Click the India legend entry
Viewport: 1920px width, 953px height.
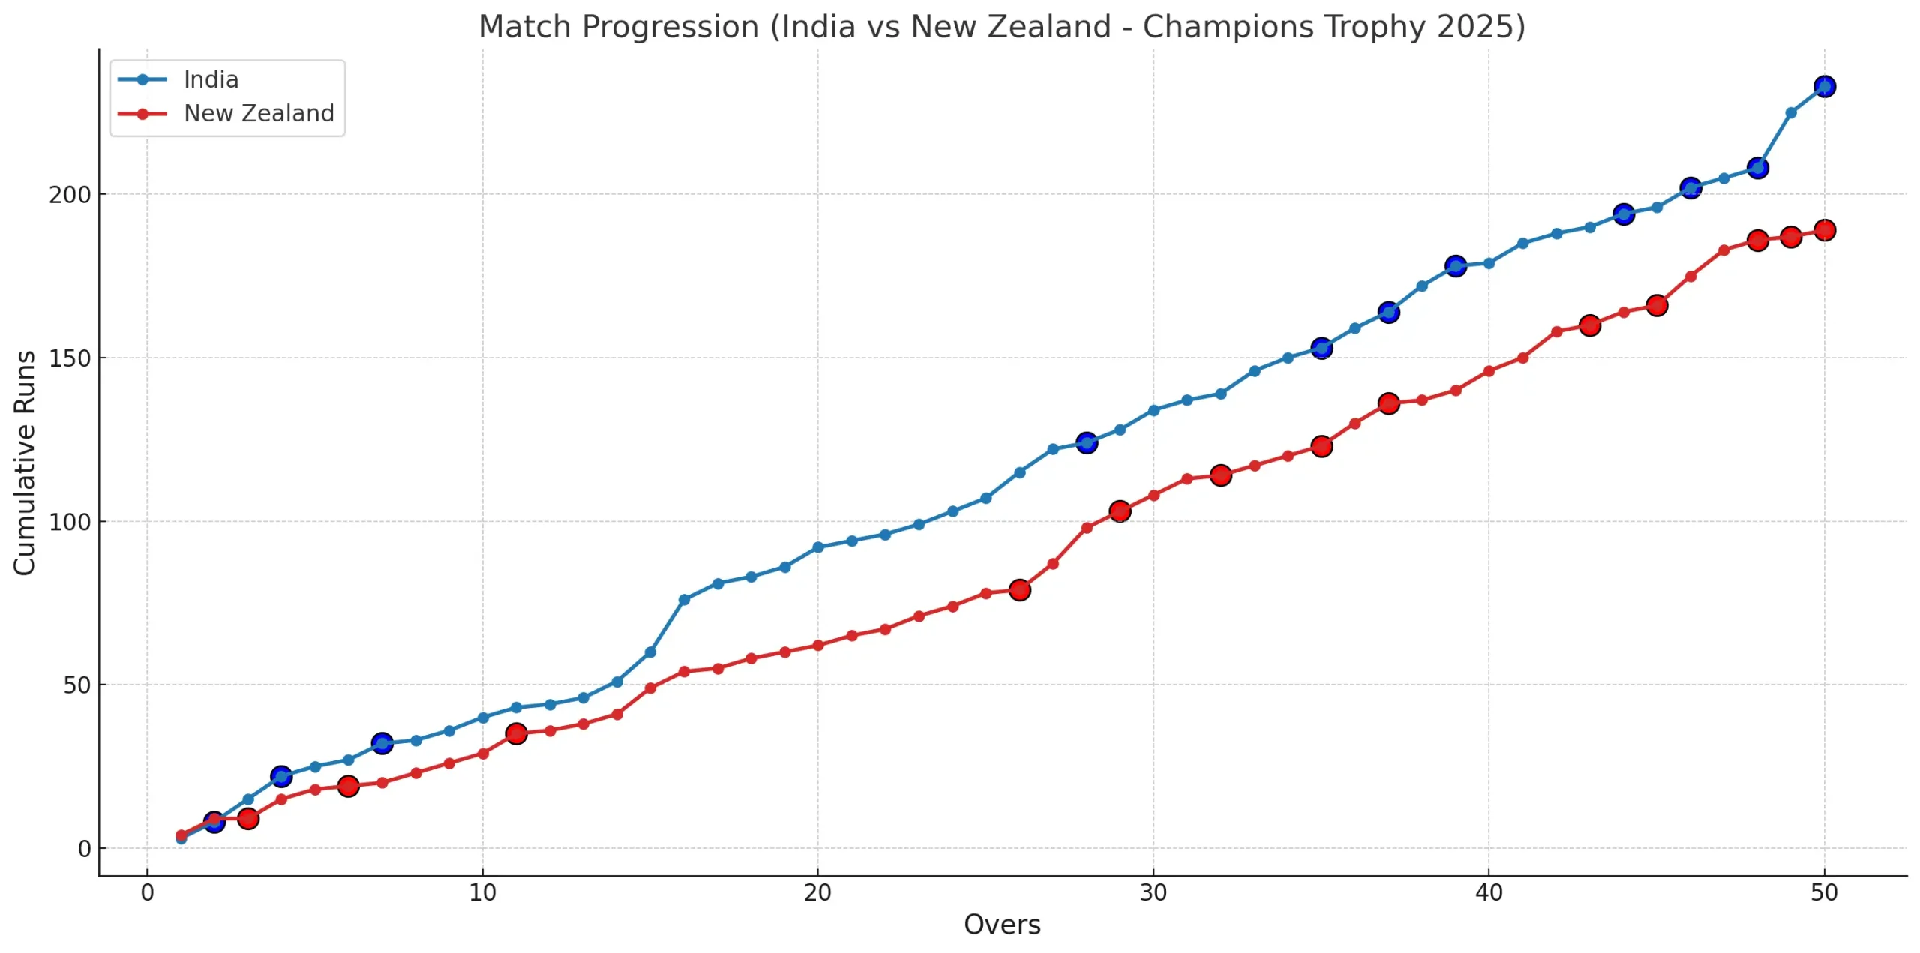point(210,79)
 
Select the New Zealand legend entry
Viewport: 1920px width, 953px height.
point(258,113)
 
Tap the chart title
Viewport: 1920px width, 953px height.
point(1001,27)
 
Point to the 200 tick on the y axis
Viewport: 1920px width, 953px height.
point(70,195)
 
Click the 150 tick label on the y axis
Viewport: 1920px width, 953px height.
point(70,358)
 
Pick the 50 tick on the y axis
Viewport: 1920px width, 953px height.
point(76,685)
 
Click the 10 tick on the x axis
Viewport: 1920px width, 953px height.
point(482,892)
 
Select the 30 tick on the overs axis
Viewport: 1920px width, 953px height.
point(1153,892)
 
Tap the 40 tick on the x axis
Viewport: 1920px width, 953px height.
point(1489,892)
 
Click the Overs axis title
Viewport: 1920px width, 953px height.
point(1002,925)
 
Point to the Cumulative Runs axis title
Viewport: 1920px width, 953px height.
point(25,463)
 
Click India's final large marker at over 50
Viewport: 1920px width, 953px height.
point(1825,87)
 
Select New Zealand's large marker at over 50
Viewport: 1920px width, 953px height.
point(1825,230)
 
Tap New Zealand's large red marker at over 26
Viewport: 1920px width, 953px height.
point(1019,590)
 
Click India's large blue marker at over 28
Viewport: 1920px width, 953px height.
point(1087,443)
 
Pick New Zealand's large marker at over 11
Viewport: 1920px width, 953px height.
point(516,733)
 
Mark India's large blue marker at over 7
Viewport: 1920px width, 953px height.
point(382,743)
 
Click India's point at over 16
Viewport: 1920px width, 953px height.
point(684,600)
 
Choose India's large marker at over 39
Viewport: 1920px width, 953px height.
point(1456,266)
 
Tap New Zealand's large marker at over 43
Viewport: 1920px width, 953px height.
point(1590,325)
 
